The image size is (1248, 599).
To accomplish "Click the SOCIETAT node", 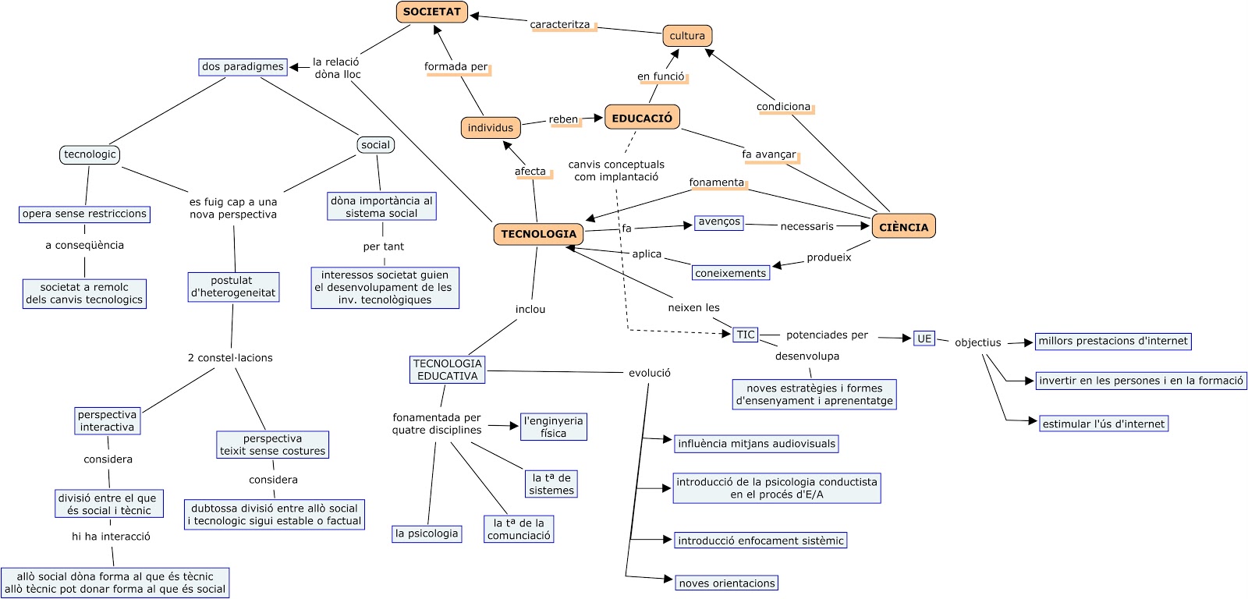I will point(431,12).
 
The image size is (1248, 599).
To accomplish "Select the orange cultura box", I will point(687,36).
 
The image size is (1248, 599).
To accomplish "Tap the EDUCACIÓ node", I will point(642,118).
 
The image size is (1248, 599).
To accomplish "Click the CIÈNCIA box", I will point(903,227).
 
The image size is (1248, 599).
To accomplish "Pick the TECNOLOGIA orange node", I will point(538,234).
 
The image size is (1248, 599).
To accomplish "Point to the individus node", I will point(491,128).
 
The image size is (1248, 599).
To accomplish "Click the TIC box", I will point(746,335).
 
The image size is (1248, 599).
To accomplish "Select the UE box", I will point(924,338).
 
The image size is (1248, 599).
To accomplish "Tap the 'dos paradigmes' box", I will point(243,67).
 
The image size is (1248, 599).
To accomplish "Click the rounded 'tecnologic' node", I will point(90,154).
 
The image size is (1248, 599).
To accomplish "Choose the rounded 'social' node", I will point(375,145).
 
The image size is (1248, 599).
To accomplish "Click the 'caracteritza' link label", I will point(560,25).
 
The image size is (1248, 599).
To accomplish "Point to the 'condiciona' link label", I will point(783,107).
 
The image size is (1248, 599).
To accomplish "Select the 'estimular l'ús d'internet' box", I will point(1103,424).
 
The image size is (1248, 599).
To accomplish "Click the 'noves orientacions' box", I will point(726,583).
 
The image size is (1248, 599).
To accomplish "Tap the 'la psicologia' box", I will point(427,534).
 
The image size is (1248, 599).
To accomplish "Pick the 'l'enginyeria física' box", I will point(553,427).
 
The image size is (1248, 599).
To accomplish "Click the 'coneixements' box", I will point(730,273).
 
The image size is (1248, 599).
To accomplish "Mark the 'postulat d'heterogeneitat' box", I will point(233,287).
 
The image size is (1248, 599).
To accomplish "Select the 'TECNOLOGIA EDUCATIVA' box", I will point(447,370).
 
